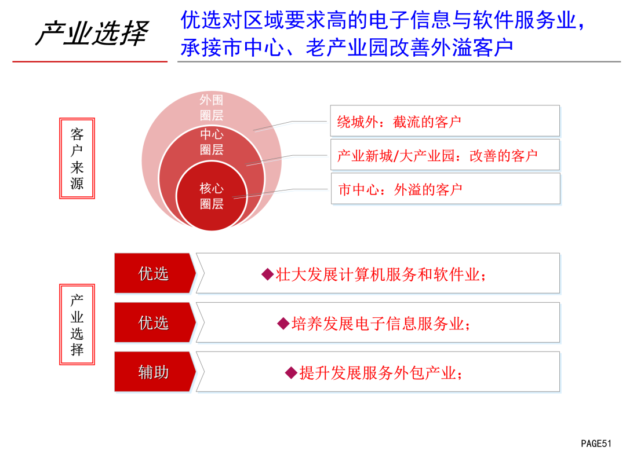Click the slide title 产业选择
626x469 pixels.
92,32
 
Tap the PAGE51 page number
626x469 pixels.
596,444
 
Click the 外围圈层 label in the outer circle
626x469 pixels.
212,107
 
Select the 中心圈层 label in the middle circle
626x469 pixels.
212,142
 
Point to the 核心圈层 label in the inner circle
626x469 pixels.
212,196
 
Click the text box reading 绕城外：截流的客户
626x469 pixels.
445,121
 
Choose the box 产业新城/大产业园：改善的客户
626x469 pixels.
445,155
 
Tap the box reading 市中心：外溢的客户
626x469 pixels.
446,189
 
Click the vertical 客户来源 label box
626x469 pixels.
77,158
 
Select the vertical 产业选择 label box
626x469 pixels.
77,324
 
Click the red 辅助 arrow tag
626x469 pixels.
155,372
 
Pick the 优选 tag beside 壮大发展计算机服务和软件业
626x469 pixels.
155,273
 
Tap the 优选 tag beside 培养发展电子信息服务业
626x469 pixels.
155,323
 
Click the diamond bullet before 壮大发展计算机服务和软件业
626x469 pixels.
267,274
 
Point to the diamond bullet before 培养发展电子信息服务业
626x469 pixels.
283,324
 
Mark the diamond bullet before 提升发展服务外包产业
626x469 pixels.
291,373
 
